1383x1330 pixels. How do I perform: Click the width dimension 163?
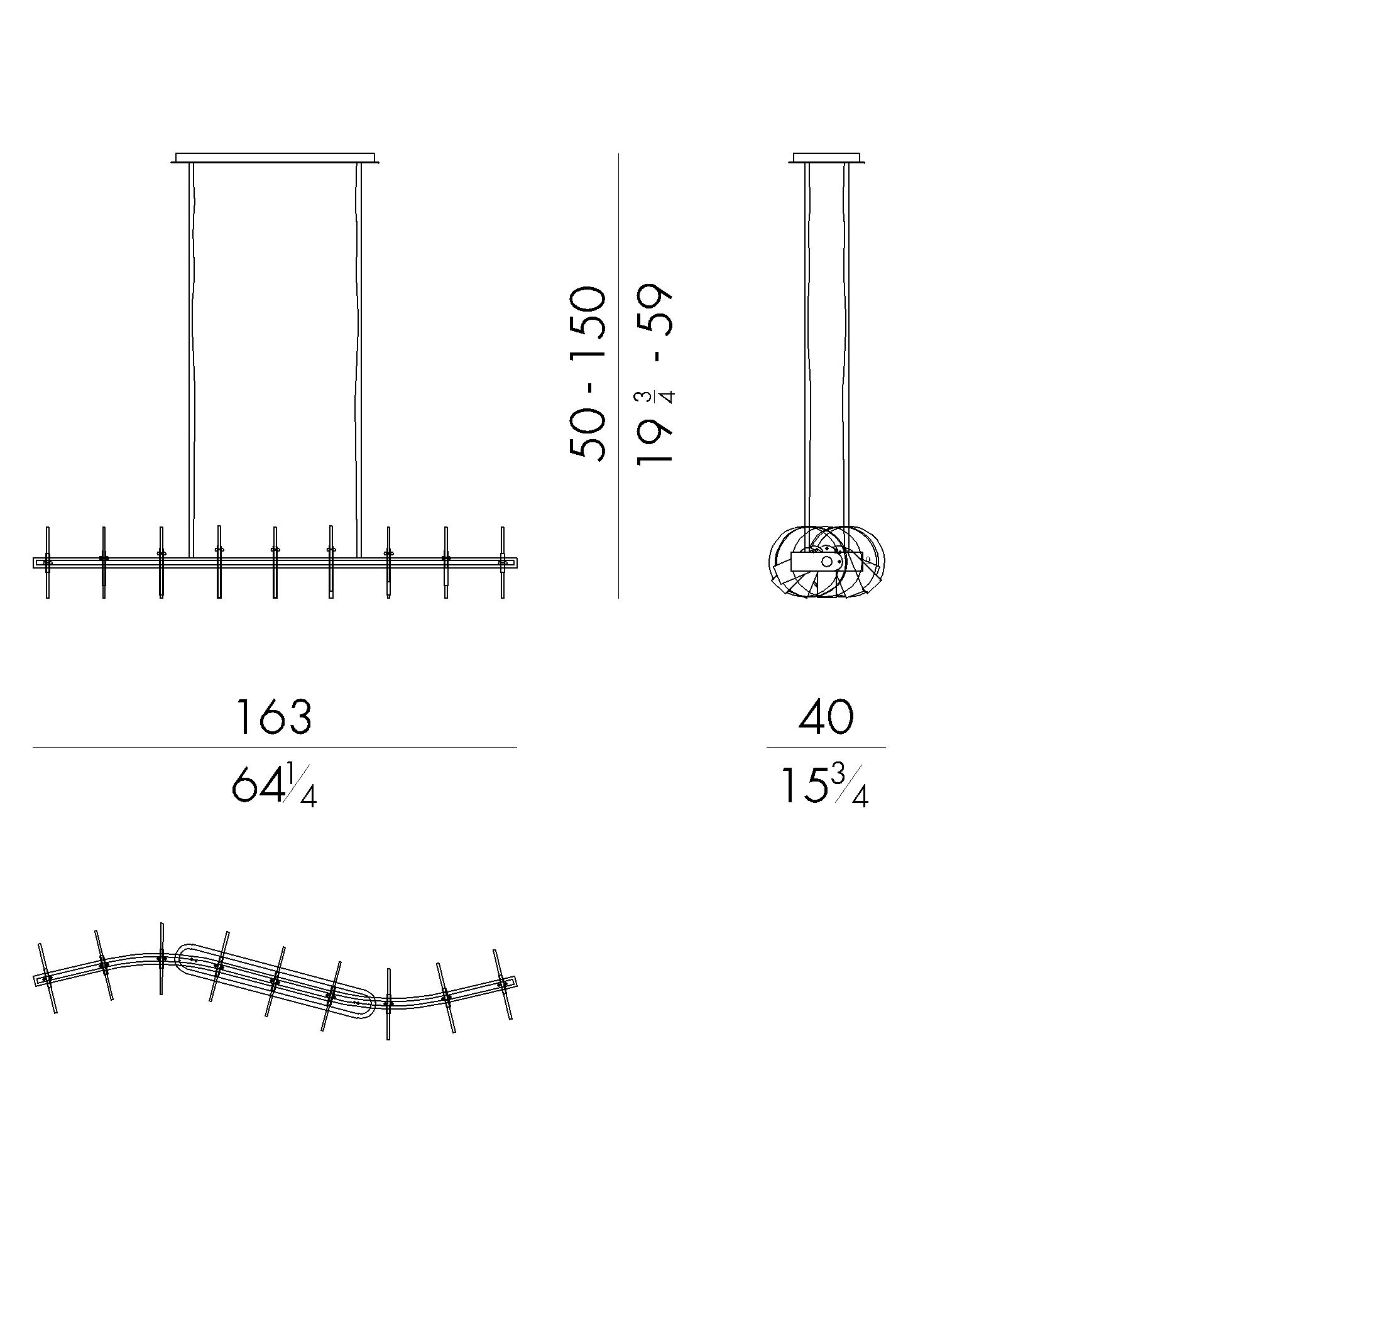point(273,717)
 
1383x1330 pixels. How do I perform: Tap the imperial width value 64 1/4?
point(275,786)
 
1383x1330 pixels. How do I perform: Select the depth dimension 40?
point(826,717)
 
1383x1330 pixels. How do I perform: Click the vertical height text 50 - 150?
point(587,373)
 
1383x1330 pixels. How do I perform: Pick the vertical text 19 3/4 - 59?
point(655,373)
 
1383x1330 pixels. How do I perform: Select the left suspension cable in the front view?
point(191,360)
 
